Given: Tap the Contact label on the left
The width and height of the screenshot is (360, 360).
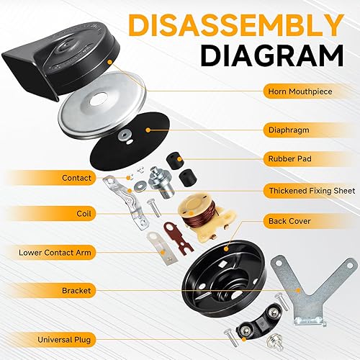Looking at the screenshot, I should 76,177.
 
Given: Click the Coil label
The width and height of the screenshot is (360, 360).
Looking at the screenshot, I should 84,212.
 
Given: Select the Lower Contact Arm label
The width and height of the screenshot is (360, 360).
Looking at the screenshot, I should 50,252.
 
